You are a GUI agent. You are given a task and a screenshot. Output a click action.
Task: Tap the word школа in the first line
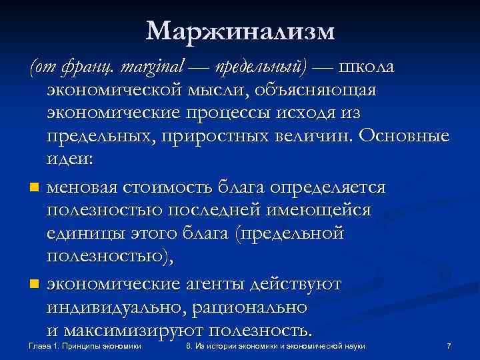[x=366, y=67]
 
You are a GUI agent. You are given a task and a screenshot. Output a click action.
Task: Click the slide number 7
[x=449, y=347]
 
